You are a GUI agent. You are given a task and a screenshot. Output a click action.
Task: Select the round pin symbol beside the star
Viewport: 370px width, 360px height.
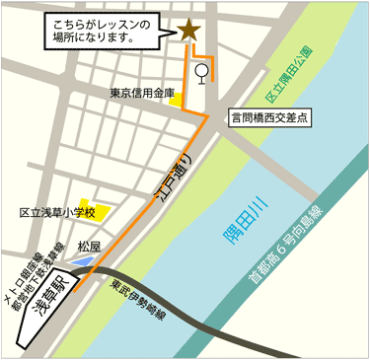tap(203, 72)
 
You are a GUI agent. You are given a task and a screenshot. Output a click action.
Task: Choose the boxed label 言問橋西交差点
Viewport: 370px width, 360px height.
tap(269, 115)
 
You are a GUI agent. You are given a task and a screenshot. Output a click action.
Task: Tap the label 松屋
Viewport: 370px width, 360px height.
tap(90, 246)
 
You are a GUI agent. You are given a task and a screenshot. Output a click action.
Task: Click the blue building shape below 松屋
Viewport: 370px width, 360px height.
tap(82, 261)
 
